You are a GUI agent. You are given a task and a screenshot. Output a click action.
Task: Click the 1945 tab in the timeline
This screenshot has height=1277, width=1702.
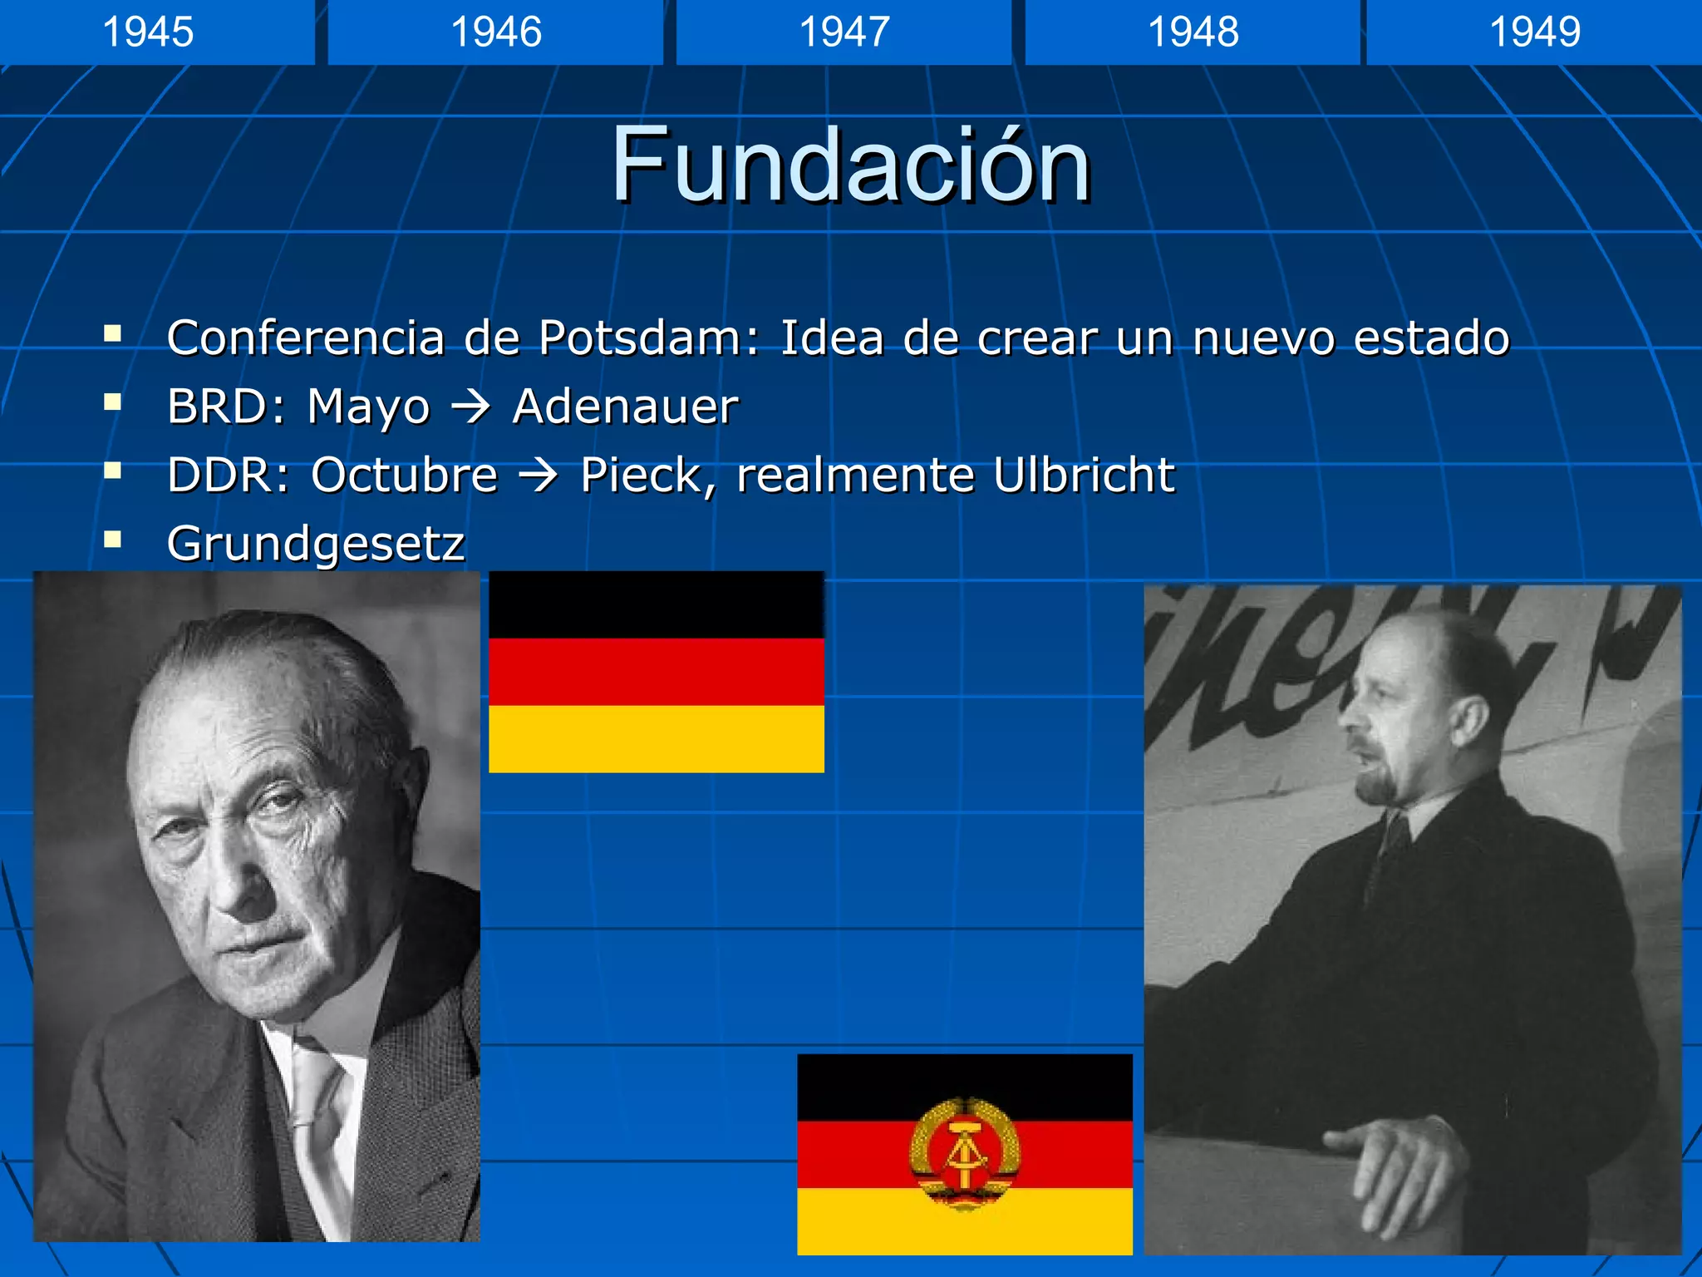point(148,32)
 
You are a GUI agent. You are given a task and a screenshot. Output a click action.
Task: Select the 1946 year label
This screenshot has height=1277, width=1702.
point(496,32)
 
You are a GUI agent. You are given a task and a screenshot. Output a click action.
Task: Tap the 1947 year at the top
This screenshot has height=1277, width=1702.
point(844,32)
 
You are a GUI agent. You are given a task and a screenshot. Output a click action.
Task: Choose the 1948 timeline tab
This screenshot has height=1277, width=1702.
point(1193,32)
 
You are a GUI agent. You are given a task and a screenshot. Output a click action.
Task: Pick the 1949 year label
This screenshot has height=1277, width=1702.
point(1534,32)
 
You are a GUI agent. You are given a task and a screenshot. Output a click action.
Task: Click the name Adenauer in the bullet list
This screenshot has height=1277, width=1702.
point(625,407)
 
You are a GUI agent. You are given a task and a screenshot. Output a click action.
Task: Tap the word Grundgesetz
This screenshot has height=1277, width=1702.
point(316,545)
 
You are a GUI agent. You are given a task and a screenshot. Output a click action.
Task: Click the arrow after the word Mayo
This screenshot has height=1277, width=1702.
point(470,407)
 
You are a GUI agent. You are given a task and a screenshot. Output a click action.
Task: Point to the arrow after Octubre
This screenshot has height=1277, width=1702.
point(539,476)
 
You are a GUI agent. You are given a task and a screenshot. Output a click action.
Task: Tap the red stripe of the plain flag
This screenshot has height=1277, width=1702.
point(657,672)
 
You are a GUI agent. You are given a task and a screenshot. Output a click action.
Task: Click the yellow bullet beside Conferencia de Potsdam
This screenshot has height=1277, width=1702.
point(113,335)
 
